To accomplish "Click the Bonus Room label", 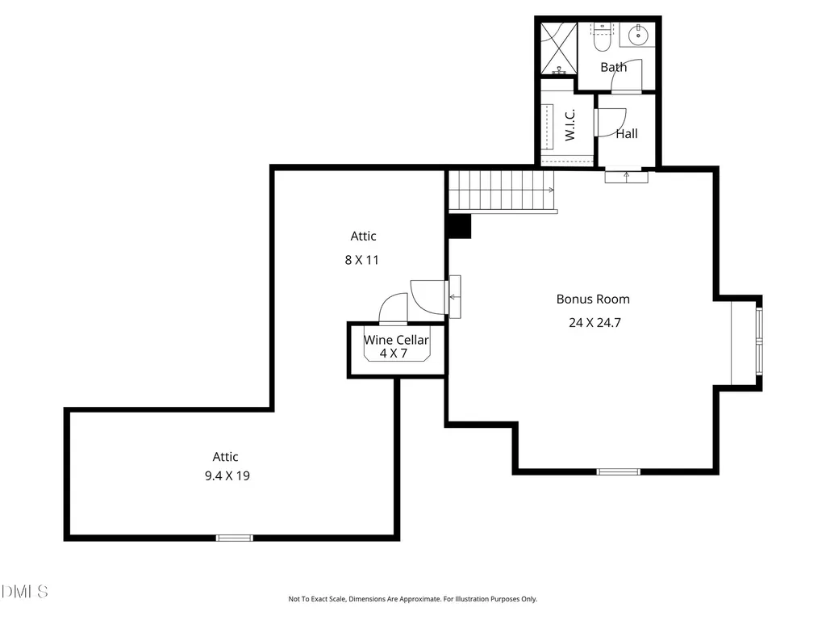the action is pos(593,299).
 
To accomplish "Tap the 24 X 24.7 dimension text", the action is pos(594,323).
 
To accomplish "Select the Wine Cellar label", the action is pos(396,340).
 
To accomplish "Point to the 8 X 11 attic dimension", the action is pos(361,260).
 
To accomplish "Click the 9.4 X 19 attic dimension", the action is pos(227,475).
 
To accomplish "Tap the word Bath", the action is pos(614,67).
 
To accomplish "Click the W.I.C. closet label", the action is pos(570,125).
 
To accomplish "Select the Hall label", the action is pos(627,134).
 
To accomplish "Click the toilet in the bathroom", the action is pos(601,36).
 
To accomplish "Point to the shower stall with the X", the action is pos(559,48).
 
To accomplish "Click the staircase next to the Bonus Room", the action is pos(502,191).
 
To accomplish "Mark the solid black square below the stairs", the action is pos(458,226).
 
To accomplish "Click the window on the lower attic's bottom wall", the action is pos(235,538).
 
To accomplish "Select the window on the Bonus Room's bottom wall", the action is pos(619,471).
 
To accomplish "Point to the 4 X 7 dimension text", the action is pos(394,354).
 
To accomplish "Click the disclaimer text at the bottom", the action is pos(412,599).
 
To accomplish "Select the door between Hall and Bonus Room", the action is pos(626,175).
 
